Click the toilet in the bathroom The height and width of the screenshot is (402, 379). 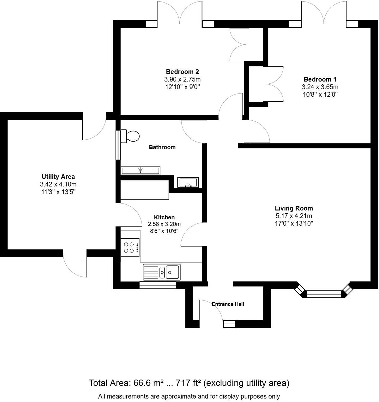click(x=130, y=136)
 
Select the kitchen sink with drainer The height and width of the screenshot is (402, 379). click(x=162, y=271)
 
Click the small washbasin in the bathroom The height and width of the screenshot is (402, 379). click(x=188, y=182)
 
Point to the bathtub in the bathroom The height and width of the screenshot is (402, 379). click(x=141, y=171)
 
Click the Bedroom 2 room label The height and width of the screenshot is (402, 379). click(x=182, y=72)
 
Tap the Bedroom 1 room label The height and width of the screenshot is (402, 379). click(x=320, y=79)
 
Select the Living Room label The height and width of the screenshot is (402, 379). click(x=294, y=208)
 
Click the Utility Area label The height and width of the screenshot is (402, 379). click(x=58, y=177)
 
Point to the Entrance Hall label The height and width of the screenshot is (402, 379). click(x=228, y=304)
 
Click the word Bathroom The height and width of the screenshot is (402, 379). click(x=162, y=147)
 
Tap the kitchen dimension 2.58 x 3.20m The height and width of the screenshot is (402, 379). click(x=164, y=224)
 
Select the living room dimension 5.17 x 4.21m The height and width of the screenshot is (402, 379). click(x=294, y=216)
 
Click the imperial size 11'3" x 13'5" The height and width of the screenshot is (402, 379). click(x=58, y=192)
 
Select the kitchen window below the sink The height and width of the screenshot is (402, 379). click(x=158, y=285)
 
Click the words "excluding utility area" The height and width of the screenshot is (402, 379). click(x=246, y=383)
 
